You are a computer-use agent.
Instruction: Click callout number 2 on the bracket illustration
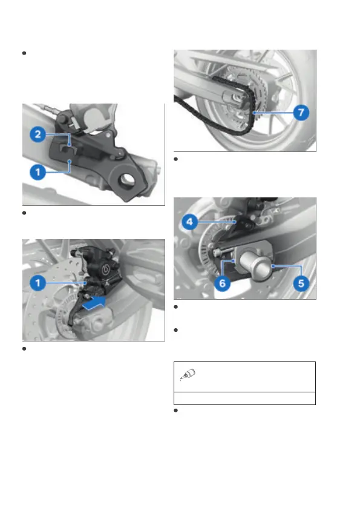pyautogui.click(x=38, y=134)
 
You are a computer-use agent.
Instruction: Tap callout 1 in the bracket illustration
pyautogui.click(x=38, y=172)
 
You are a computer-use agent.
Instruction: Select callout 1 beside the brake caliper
pyautogui.click(x=38, y=283)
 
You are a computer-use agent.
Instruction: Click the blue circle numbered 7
pyautogui.click(x=301, y=113)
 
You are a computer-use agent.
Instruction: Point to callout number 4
pyautogui.click(x=190, y=222)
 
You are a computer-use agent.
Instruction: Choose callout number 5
pyautogui.click(x=301, y=283)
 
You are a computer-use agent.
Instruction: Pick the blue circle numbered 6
pyautogui.click(x=222, y=283)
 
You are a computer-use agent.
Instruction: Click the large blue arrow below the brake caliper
pyautogui.click(x=94, y=303)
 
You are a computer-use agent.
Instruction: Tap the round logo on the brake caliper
pyautogui.click(x=105, y=269)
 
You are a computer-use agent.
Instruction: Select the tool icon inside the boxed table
pyautogui.click(x=188, y=375)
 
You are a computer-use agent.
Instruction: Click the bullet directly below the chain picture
pyautogui.click(x=176, y=159)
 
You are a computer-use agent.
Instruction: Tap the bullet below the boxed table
pyautogui.click(x=176, y=411)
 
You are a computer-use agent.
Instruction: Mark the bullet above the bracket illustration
pyautogui.click(x=24, y=53)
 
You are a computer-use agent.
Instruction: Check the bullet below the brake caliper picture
pyautogui.click(x=24, y=349)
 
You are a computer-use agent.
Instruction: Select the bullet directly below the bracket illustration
pyautogui.click(x=24, y=213)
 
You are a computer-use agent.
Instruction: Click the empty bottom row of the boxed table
pyautogui.click(x=245, y=398)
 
